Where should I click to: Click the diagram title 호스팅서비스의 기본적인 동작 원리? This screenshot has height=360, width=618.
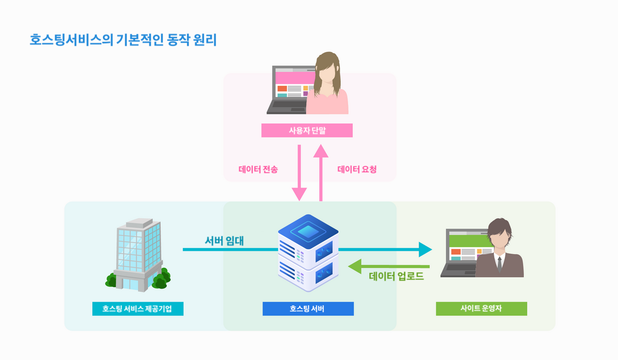[123, 40]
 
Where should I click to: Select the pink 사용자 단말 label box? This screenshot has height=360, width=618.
[307, 130]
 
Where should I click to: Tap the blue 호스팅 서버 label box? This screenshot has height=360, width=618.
[308, 308]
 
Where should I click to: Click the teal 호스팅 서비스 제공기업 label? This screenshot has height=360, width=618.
[138, 308]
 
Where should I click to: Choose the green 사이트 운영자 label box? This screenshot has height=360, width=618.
[481, 308]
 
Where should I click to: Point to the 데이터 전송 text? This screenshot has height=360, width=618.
[258, 169]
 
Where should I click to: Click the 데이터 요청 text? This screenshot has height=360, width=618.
[357, 169]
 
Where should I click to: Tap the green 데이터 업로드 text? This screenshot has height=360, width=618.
[396, 277]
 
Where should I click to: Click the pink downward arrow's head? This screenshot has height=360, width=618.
[299, 195]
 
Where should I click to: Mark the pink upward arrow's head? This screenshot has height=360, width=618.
[321, 150]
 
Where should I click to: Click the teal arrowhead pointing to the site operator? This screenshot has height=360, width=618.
[425, 250]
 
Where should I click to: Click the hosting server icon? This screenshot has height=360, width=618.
[308, 252]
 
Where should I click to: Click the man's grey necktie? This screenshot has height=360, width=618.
[499, 264]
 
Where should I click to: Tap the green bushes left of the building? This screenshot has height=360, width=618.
[111, 280]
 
